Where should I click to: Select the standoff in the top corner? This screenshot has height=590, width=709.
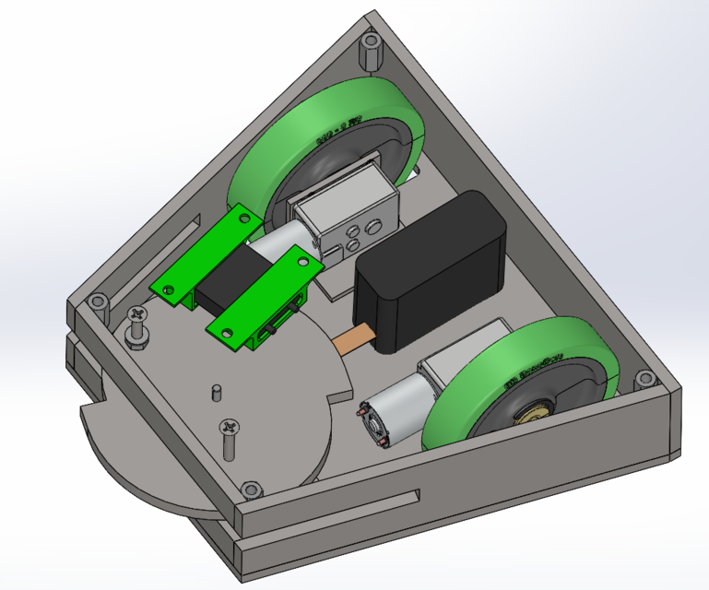pos(371,52)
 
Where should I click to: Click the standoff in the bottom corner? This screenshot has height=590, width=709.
pos(249,489)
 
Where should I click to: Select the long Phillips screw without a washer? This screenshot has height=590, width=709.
pos(228,435)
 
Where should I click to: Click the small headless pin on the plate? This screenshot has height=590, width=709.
pos(216,391)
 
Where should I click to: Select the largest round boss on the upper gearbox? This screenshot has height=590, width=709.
pos(373,226)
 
